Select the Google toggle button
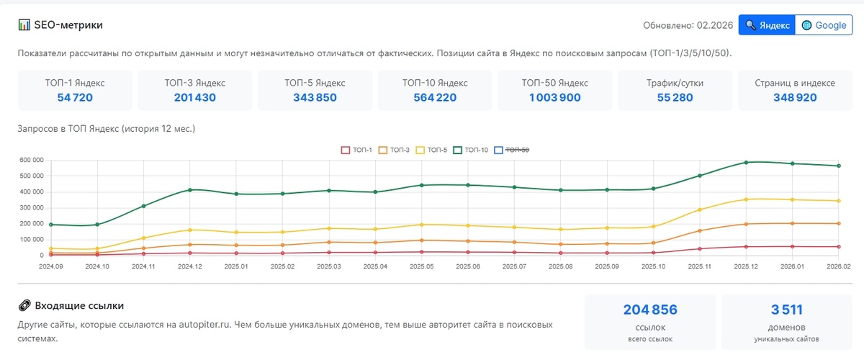tap(824, 25)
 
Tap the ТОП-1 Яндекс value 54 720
tap(75, 98)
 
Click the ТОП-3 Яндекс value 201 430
tap(194, 98)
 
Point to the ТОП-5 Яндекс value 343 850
tap(315, 98)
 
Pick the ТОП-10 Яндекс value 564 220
tap(435, 98)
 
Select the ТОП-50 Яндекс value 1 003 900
tap(555, 98)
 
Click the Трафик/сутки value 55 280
tap(675, 98)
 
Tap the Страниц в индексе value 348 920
tap(795, 98)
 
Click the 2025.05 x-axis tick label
tap(421, 266)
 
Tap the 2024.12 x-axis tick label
tap(190, 266)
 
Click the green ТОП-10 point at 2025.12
tap(746, 162)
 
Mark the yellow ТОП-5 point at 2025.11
tap(700, 210)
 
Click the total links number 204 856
tap(650, 310)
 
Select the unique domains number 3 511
tap(786, 310)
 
